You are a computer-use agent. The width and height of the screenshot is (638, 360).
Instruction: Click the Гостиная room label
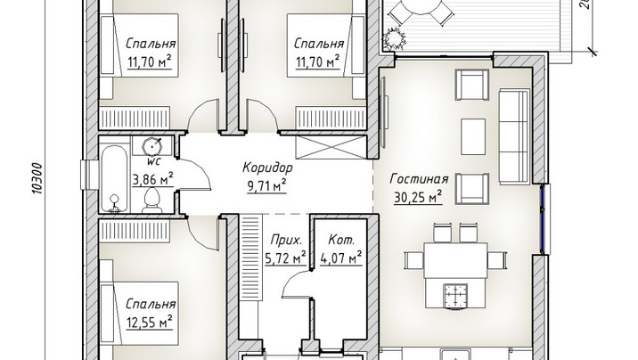click(x=419, y=179)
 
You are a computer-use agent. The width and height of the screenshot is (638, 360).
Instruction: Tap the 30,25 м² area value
click(x=418, y=197)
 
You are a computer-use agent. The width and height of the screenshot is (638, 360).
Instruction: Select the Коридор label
click(x=267, y=168)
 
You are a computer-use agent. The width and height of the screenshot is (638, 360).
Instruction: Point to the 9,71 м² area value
click(x=266, y=185)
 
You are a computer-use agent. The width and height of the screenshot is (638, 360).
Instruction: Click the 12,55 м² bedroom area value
click(x=150, y=323)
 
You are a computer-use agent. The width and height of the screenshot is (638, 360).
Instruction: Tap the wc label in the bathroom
click(x=153, y=161)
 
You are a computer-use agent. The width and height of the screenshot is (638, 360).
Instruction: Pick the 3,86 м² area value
click(x=153, y=178)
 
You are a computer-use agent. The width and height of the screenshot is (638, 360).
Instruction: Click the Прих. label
click(x=287, y=240)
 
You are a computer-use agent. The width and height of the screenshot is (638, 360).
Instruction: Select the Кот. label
click(x=341, y=240)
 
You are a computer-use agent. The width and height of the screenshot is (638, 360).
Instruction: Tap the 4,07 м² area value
click(x=341, y=258)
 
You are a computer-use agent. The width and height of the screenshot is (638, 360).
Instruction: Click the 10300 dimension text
click(x=37, y=177)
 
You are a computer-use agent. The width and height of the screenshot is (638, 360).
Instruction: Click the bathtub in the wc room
click(x=113, y=179)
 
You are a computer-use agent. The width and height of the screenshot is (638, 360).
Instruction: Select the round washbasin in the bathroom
click(x=152, y=145)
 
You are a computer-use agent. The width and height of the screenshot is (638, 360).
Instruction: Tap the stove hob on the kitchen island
click(x=455, y=295)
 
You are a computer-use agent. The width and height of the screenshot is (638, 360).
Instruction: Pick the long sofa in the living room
click(x=514, y=136)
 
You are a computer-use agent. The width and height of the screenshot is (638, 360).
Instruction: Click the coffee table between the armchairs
click(x=473, y=136)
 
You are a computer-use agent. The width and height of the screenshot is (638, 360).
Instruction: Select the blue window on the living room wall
click(x=542, y=219)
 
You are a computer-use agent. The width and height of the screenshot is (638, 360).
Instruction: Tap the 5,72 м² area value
click(x=285, y=258)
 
